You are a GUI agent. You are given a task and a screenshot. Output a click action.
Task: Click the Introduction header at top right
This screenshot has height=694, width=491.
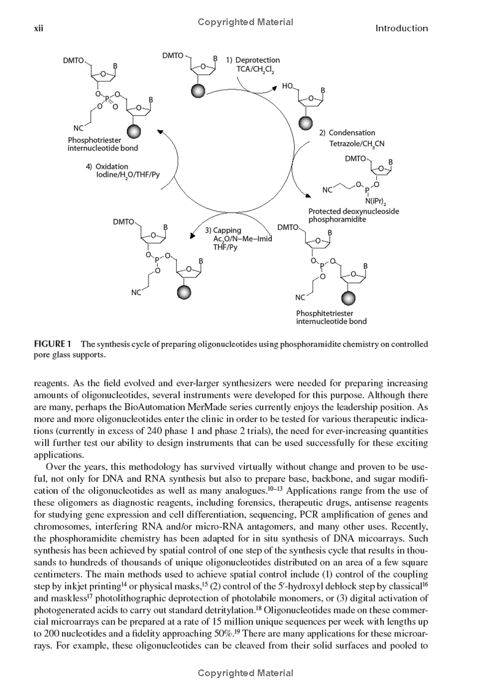tap(401, 28)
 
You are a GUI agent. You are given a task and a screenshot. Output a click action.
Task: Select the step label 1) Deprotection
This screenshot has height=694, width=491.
tap(253, 60)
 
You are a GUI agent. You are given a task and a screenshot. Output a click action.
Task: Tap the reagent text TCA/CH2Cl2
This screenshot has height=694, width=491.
tap(258, 70)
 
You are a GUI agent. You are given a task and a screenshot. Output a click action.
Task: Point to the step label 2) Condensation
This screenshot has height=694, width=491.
tap(347, 133)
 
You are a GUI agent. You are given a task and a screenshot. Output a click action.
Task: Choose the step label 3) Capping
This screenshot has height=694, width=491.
tap(223, 231)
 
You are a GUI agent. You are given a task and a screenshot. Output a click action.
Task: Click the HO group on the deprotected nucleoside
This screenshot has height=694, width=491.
tap(287, 87)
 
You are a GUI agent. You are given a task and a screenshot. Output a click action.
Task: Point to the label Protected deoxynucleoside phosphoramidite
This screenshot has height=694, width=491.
tap(353, 215)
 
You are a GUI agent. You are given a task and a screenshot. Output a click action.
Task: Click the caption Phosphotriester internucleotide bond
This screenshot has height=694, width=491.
tap(102, 144)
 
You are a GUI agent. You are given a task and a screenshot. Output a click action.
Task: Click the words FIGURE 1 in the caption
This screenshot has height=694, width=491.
tap(53, 344)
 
